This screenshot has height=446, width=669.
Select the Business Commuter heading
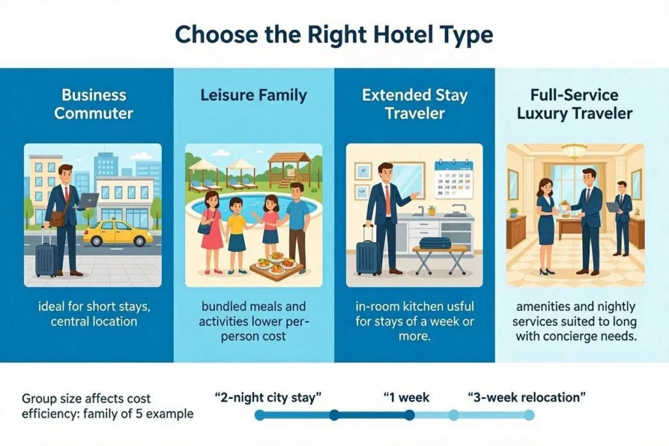(94, 104)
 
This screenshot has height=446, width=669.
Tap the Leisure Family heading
(254, 95)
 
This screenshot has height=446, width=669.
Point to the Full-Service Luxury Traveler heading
(574, 104)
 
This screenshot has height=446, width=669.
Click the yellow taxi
(118, 233)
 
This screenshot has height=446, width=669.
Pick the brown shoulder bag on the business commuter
(57, 219)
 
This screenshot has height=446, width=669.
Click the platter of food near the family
(277, 265)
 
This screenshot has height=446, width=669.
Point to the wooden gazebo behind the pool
(289, 169)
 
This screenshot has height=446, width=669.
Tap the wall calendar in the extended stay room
(453, 179)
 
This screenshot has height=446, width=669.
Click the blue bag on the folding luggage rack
(434, 243)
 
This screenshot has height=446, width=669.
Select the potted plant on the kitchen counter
(432, 210)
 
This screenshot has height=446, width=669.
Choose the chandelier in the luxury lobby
(574, 151)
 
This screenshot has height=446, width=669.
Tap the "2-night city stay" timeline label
(268, 398)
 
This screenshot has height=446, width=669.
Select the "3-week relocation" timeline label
(527, 398)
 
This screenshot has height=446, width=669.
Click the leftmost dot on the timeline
(259, 415)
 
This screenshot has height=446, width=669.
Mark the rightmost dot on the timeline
(529, 415)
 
